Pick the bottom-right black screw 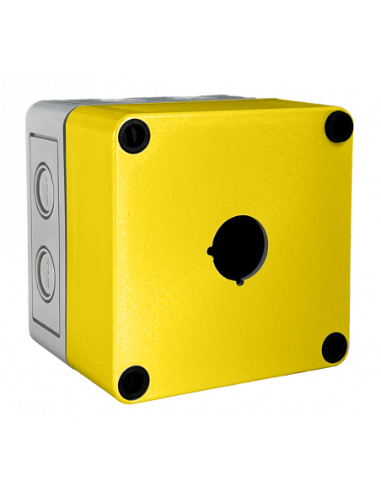(x=335, y=346)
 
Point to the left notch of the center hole (x=209, y=250)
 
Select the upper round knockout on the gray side (x=47, y=179)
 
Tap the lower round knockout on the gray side (x=47, y=273)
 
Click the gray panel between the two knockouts (x=47, y=226)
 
